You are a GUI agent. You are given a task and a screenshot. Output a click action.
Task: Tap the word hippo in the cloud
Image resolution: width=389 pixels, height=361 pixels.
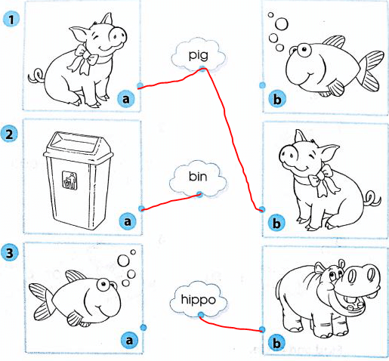tap(199, 300)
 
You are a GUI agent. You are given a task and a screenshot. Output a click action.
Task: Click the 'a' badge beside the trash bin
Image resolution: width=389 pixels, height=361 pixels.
tap(128, 221)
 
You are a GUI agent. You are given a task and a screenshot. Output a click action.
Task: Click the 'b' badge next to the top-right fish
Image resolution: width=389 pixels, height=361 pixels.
tap(276, 97)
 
